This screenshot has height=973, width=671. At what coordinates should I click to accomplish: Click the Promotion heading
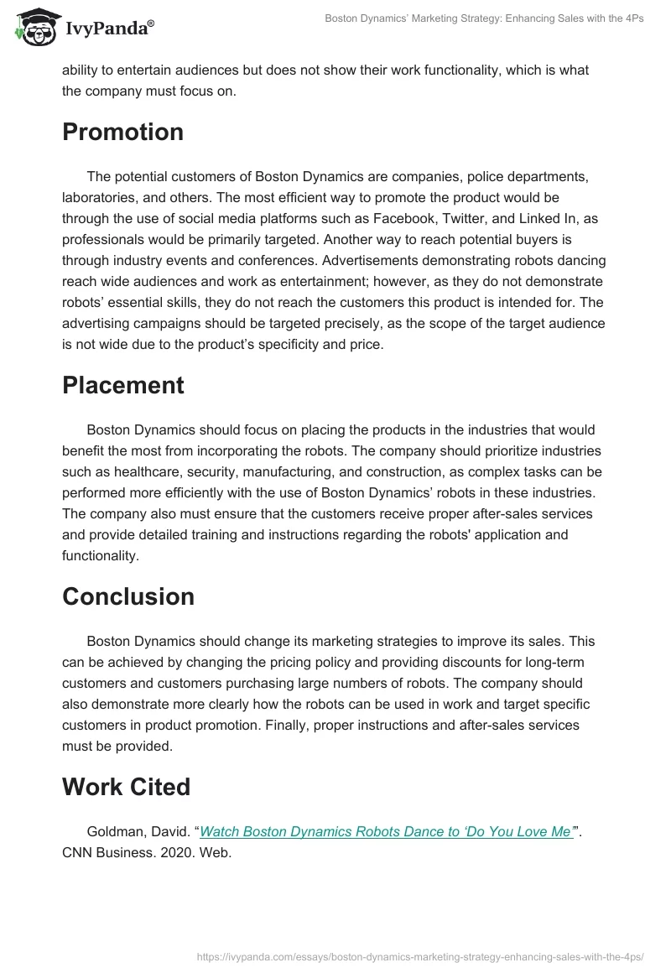(x=122, y=133)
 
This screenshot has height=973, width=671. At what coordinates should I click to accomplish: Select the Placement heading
(x=123, y=385)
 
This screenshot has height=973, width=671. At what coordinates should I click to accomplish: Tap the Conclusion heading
(x=128, y=596)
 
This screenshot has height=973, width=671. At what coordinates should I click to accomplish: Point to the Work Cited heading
(x=127, y=787)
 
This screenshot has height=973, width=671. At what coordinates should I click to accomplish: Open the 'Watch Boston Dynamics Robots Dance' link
(x=386, y=832)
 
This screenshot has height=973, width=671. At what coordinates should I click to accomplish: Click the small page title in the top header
(x=484, y=18)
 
